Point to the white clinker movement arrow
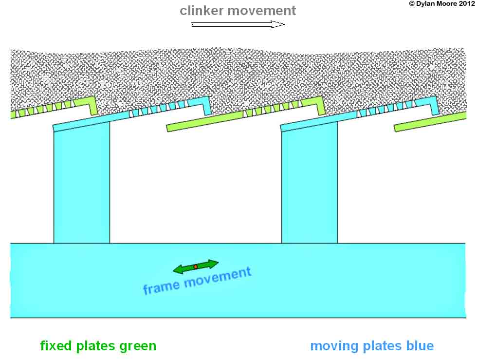click(238, 24)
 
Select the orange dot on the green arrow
click(196, 267)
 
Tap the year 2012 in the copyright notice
click(465, 4)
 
